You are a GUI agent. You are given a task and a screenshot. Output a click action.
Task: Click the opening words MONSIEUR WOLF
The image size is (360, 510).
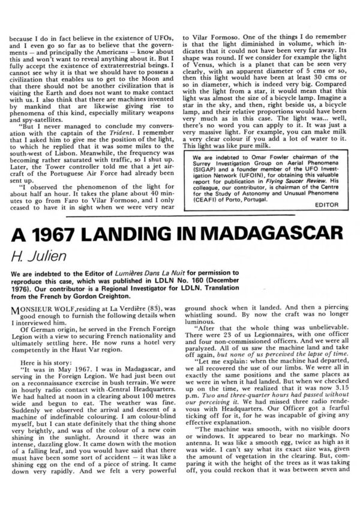pos(52,306)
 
